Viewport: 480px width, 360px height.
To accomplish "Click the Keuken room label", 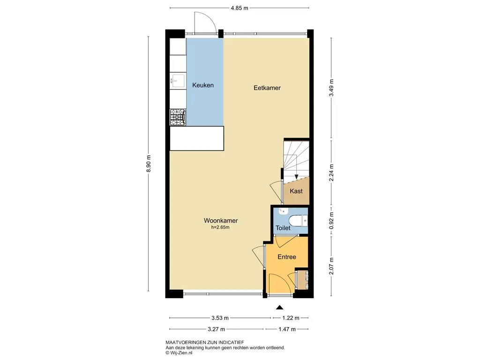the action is click(x=202, y=85).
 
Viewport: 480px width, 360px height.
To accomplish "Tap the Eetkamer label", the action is click(x=267, y=88).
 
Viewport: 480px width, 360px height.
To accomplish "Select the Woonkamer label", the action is click(x=221, y=220).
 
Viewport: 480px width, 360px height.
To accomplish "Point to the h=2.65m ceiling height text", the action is click(x=220, y=227).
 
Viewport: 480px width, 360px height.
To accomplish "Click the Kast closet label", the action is click(x=296, y=191).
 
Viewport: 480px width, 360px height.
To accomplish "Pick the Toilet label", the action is click(x=283, y=228).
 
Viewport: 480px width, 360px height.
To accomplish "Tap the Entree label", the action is click(x=287, y=257).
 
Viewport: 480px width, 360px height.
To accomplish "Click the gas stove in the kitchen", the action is click(x=178, y=117).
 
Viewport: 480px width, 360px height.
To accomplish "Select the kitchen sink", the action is click(x=178, y=81).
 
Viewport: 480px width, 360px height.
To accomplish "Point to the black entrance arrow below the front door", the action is click(x=279, y=307).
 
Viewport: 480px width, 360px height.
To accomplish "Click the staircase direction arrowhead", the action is click(x=296, y=177).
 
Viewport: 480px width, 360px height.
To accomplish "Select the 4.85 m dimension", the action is click(x=240, y=8).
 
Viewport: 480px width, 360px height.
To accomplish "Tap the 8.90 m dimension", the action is click(x=149, y=164).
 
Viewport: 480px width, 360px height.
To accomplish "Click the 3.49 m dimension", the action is click(x=331, y=88).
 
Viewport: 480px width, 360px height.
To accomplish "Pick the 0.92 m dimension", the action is click(x=331, y=220).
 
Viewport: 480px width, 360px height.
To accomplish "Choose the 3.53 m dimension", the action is click(x=220, y=318).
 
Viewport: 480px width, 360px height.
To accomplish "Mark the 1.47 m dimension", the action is click(x=287, y=329).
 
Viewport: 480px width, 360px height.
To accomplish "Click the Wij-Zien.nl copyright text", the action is click(x=179, y=352).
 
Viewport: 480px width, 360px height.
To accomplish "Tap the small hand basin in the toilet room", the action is click(x=283, y=210).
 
